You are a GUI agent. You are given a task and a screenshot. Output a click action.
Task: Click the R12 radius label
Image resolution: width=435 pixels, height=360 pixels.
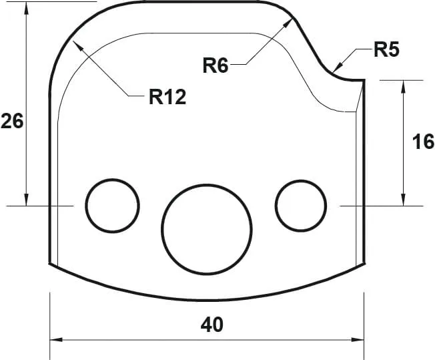167,98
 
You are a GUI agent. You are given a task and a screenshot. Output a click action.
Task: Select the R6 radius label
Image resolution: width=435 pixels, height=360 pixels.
215,65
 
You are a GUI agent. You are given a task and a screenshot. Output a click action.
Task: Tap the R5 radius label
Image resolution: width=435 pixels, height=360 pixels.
386,49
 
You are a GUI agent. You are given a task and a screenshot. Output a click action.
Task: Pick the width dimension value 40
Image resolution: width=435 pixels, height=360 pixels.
211,325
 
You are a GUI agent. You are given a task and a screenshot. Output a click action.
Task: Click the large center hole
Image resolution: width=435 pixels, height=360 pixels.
207,228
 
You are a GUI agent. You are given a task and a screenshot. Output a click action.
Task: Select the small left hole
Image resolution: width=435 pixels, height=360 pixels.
112,206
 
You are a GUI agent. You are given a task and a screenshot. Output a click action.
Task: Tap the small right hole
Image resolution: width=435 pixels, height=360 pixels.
302,206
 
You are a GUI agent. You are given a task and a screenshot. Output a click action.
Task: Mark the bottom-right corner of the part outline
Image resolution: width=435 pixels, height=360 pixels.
364,263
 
